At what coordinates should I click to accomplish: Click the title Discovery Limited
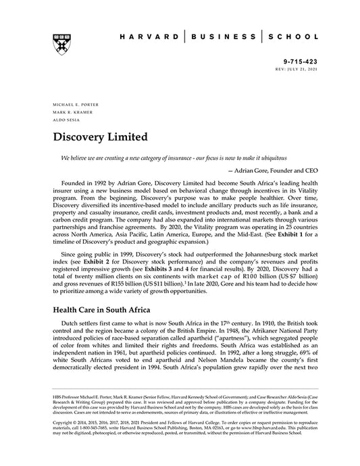(x=101, y=137)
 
